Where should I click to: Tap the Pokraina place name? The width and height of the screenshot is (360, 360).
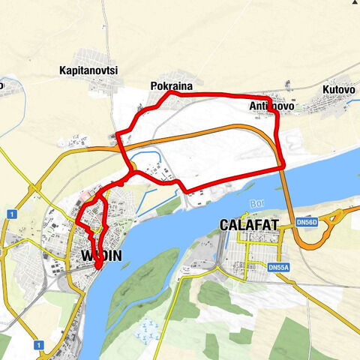(171, 86)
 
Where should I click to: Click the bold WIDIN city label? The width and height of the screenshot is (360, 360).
(100, 256)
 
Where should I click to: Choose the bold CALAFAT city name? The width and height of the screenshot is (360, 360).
(249, 224)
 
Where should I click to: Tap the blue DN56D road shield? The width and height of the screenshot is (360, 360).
(326, 223)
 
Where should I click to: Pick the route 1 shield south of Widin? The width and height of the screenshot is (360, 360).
(38, 344)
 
